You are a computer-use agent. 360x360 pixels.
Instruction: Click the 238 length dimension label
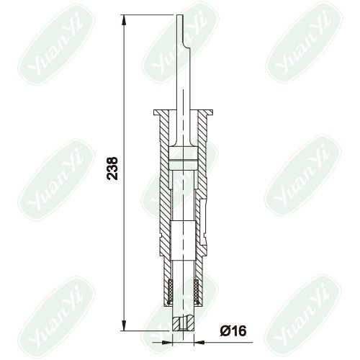(112, 168)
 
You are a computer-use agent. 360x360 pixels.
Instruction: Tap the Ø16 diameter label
(233, 331)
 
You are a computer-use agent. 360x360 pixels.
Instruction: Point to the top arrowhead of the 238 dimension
(124, 20)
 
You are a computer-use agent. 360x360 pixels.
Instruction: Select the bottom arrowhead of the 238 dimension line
(124, 325)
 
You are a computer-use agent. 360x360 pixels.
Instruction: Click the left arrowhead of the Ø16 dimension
(167, 342)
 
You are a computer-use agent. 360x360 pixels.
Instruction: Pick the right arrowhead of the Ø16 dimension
(199, 342)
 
